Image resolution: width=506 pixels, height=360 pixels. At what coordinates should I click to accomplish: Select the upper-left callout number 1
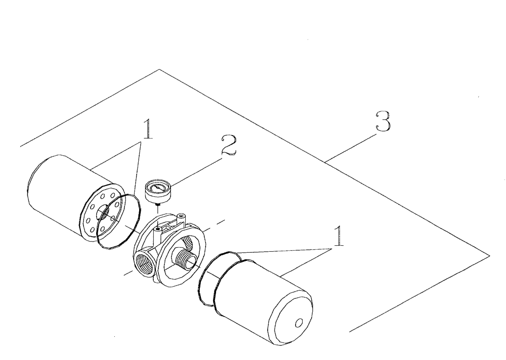coord(147,129)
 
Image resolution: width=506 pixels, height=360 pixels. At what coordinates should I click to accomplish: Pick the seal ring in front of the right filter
coord(207,286)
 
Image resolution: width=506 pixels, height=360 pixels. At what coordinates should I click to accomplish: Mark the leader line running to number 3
coord(352,147)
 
